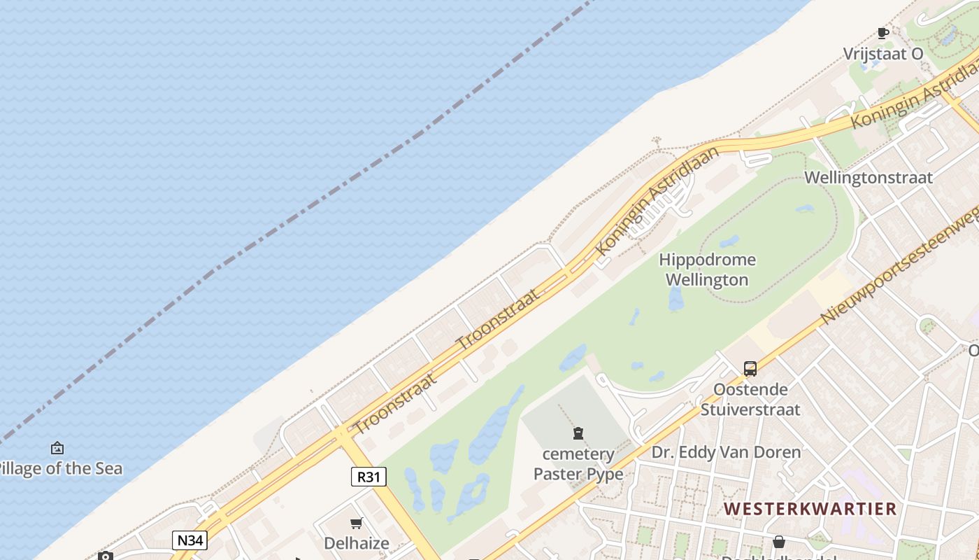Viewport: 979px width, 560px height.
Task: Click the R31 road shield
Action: pyautogui.click(x=368, y=477)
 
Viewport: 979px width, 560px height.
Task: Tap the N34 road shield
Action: pyautogui.click(x=190, y=540)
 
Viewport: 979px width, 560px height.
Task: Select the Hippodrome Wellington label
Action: pyautogui.click(x=707, y=269)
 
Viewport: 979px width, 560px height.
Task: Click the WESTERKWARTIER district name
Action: pyautogui.click(x=810, y=508)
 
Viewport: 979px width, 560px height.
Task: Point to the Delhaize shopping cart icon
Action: pyautogui.click(x=357, y=523)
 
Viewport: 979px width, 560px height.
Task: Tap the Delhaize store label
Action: pyautogui.click(x=357, y=542)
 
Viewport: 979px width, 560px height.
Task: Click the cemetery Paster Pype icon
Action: pyautogui.click(x=578, y=433)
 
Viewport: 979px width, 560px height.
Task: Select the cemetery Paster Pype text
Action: pyautogui.click(x=578, y=463)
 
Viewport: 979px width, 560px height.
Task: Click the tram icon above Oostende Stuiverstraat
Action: pyautogui.click(x=750, y=368)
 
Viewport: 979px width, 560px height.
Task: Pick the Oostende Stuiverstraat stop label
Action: pyautogui.click(x=750, y=399)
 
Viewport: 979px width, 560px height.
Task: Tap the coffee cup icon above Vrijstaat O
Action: pyautogui.click(x=882, y=33)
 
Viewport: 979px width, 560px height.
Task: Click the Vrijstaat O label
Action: pyautogui.click(x=882, y=54)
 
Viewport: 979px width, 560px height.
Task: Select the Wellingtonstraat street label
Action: pyautogui.click(x=869, y=177)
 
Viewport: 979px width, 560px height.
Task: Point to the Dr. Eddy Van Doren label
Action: pyautogui.click(x=726, y=452)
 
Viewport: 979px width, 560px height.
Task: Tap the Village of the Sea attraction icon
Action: pyautogui.click(x=57, y=448)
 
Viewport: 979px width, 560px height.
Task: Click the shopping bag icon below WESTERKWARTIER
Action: pyautogui.click(x=778, y=541)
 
